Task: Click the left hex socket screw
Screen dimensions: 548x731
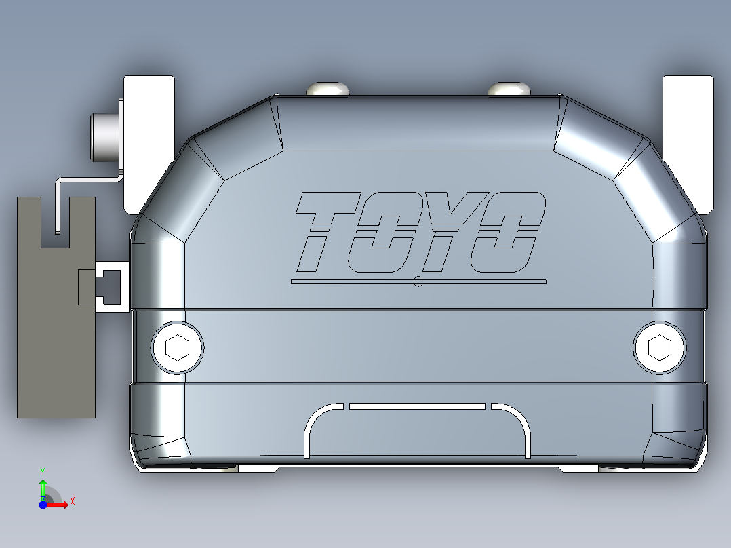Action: pyautogui.click(x=177, y=347)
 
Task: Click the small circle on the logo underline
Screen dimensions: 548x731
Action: pyautogui.click(x=418, y=281)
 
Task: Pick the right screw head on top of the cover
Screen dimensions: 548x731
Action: pyautogui.click(x=508, y=89)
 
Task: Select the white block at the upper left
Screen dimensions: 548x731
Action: pyautogui.click(x=149, y=142)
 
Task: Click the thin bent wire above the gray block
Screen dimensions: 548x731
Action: pyautogui.click(x=88, y=179)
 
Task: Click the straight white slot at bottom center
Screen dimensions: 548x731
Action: pyautogui.click(x=417, y=406)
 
